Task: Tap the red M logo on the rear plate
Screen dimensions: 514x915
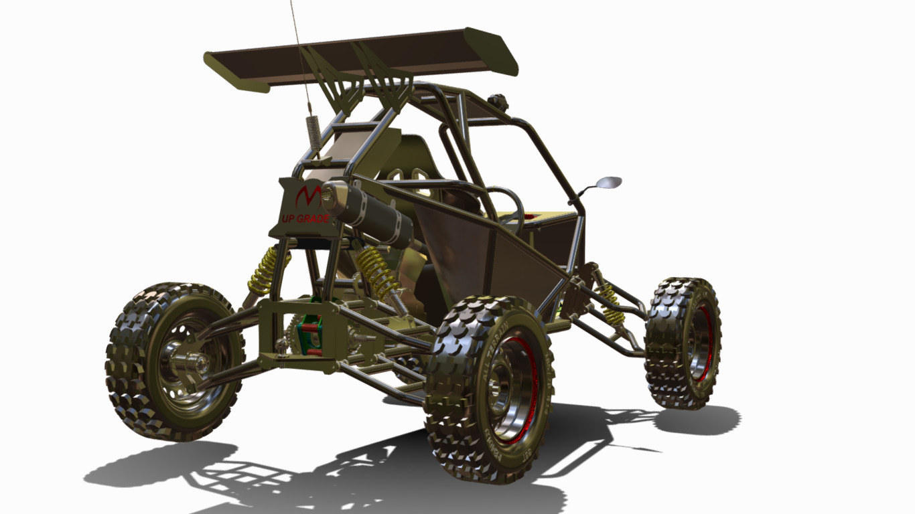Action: [307, 196]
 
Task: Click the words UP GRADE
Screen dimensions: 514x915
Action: [304, 219]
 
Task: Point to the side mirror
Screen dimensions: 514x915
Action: [607, 182]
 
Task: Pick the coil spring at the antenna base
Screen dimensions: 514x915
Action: [313, 135]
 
